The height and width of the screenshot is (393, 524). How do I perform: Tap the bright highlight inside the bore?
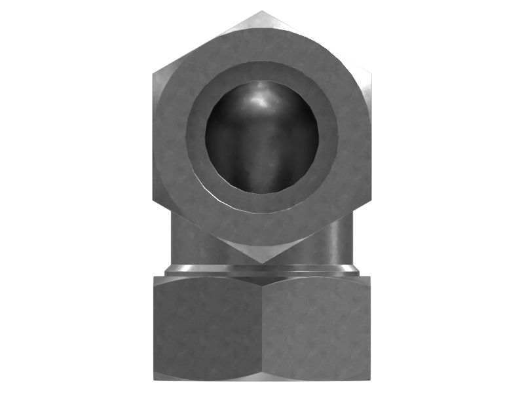click(x=262, y=98)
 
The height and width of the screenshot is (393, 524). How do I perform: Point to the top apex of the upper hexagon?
click(x=262, y=12)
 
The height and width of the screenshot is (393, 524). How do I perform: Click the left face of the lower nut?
click(x=208, y=327)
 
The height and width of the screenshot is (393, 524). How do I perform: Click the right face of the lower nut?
click(x=316, y=327)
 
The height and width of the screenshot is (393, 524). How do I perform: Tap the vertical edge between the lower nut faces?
click(x=262, y=327)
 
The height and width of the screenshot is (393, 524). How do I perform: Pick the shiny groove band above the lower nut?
click(x=262, y=269)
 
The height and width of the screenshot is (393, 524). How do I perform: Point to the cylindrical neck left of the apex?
click(x=190, y=242)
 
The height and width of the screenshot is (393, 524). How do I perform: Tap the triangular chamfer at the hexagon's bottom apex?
click(x=262, y=252)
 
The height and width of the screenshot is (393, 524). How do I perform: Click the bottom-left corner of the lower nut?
click(x=155, y=379)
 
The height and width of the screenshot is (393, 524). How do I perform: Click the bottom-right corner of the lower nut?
click(x=369, y=379)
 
